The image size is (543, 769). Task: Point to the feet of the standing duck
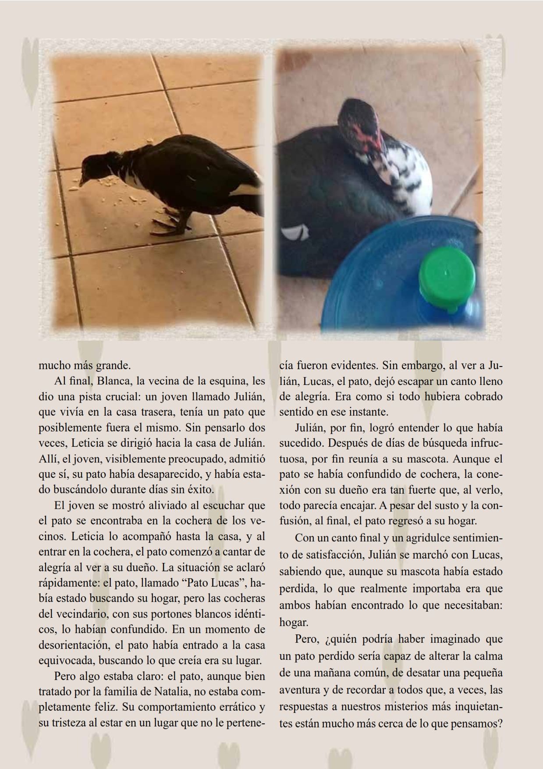coord(168,226)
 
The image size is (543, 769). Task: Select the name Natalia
coord(174,691)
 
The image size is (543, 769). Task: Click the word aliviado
coord(162,505)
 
